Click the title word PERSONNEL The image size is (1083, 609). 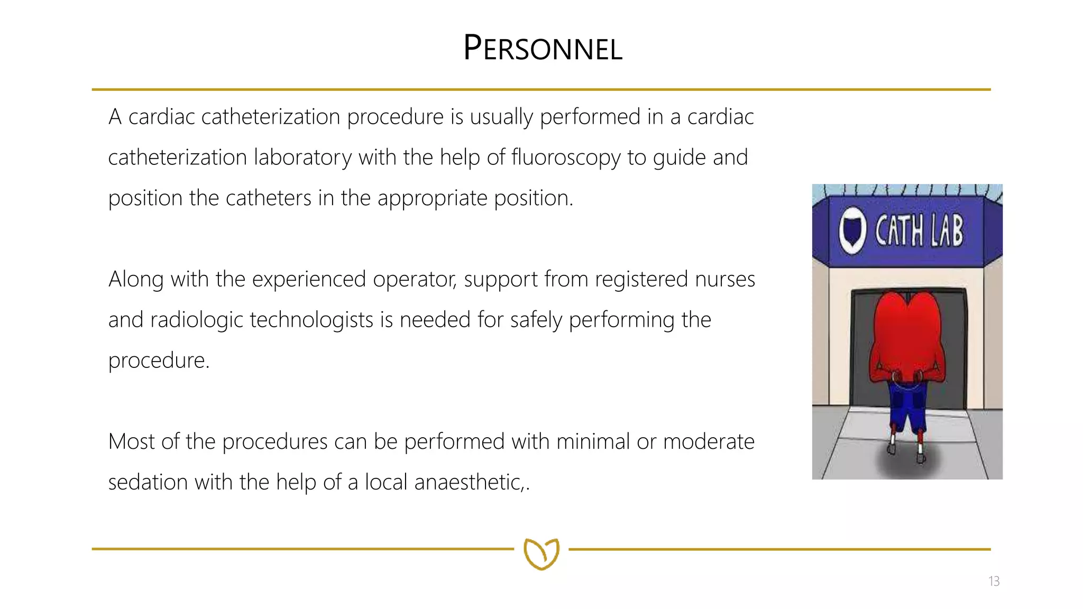(543, 48)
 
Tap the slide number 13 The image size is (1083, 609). (994, 582)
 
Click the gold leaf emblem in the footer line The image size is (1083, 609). (541, 553)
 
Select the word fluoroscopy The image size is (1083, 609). (566, 158)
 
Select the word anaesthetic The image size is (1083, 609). (469, 482)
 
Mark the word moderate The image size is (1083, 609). (709, 442)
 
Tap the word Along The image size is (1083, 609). (136, 280)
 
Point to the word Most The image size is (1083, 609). (131, 441)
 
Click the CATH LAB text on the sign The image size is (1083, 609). (919, 231)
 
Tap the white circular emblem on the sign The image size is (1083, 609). (852, 231)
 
